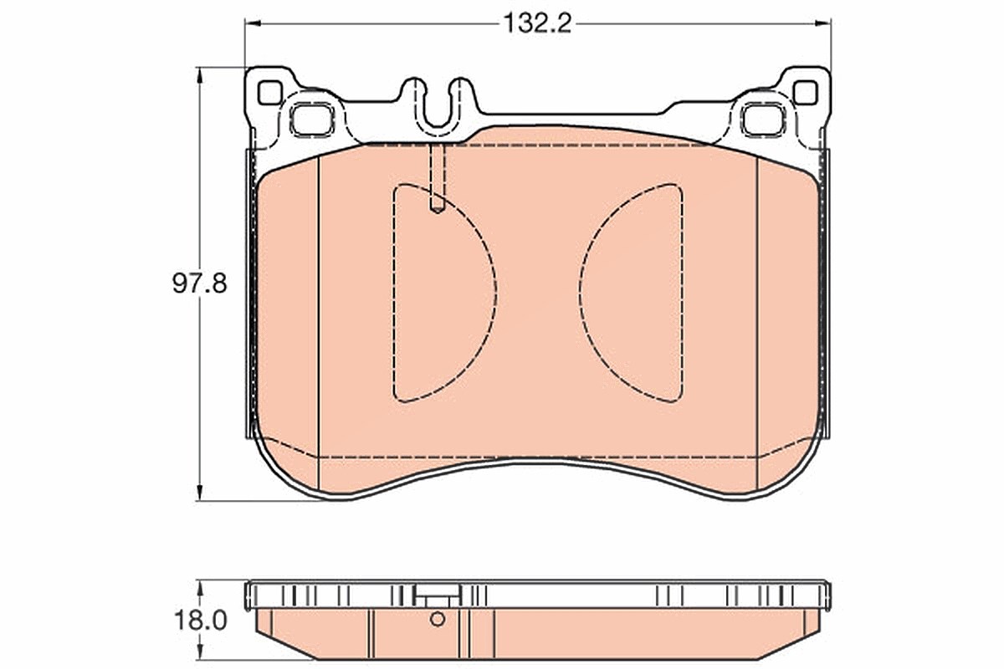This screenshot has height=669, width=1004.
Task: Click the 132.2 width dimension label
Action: pos(537,23)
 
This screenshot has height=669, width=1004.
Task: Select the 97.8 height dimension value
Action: pos(200,283)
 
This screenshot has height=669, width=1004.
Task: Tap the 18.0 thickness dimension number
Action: pos(200,620)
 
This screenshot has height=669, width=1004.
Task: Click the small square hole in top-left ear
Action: pos(269,93)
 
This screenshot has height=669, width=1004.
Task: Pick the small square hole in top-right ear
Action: pos(806,93)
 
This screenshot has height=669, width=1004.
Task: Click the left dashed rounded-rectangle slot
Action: pos(312,120)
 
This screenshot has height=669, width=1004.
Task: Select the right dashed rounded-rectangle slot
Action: pos(764,120)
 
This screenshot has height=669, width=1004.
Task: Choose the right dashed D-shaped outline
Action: pos(631,293)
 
